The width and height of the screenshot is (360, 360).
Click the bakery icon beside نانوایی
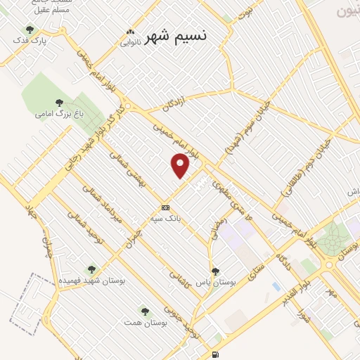click(129, 32)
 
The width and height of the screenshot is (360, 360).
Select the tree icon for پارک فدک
click(30, 30)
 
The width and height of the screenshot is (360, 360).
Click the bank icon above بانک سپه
click(165, 207)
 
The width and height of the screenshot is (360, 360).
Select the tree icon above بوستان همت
click(144, 309)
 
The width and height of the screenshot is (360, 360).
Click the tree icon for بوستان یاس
click(216, 271)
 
